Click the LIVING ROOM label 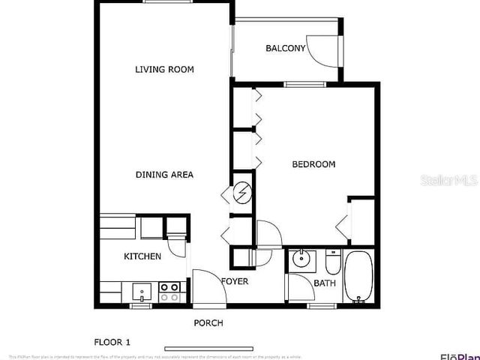point(164,70)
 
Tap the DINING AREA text point(164,175)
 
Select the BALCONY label point(285,49)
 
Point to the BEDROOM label point(313,164)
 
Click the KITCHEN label point(142,256)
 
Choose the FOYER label point(234,281)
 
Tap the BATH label point(325,283)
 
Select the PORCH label point(208,323)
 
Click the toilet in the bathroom point(333,262)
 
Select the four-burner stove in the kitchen point(169,291)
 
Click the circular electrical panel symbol point(242,191)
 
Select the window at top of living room point(166,2)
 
